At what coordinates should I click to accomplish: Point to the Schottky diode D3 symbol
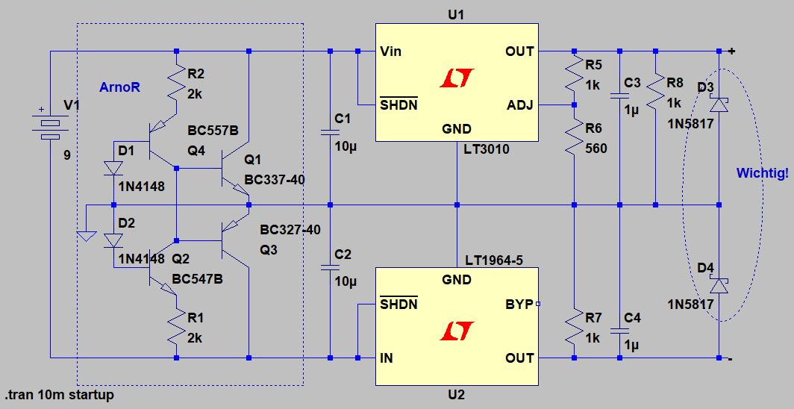click(x=719, y=104)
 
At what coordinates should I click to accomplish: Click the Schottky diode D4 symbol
click(x=719, y=286)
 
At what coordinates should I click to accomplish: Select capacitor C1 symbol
click(x=330, y=133)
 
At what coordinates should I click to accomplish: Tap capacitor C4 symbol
click(x=619, y=329)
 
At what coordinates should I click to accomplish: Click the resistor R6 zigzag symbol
click(x=574, y=140)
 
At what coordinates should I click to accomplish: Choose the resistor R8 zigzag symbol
click(x=654, y=90)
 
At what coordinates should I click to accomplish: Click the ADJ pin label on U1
click(x=520, y=104)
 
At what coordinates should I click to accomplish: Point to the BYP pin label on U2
click(x=519, y=305)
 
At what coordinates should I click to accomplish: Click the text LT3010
click(x=487, y=149)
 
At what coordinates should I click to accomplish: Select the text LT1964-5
click(x=493, y=260)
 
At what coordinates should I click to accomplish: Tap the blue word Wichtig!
click(x=762, y=173)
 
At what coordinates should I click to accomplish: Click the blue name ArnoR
click(x=120, y=87)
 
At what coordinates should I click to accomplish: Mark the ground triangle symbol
click(x=87, y=236)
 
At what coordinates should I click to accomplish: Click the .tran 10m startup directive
click(x=60, y=395)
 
